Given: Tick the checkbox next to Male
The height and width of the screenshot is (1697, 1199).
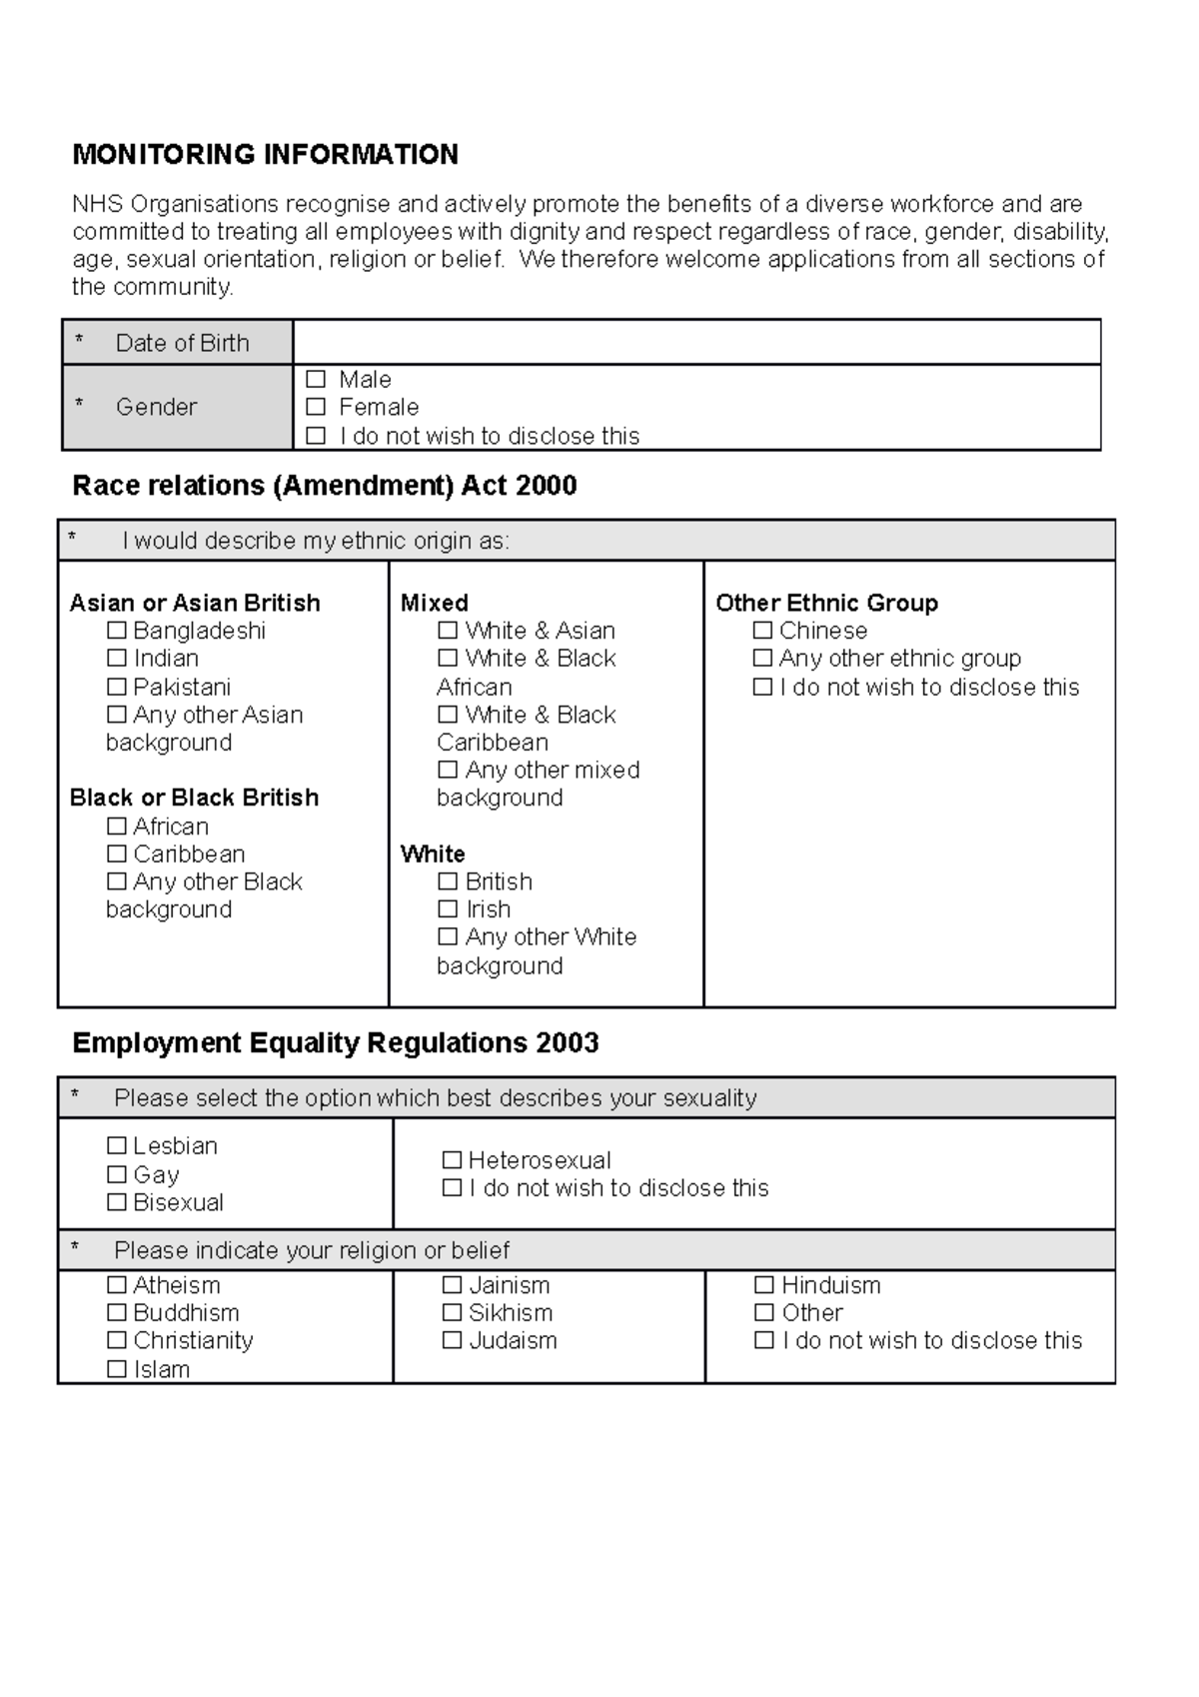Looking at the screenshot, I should click(x=316, y=380).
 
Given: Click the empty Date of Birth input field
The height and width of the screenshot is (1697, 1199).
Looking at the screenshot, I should click(x=695, y=343).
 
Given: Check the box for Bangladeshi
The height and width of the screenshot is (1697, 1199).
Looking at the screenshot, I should click(x=117, y=631).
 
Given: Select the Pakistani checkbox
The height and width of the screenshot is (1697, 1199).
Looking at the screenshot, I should click(x=117, y=687).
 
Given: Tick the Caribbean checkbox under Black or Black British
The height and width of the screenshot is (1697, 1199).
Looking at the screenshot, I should click(x=117, y=853).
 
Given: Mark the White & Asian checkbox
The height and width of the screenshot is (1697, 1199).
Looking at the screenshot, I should click(x=448, y=631).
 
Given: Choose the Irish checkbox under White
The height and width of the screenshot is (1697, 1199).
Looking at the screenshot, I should click(x=448, y=909).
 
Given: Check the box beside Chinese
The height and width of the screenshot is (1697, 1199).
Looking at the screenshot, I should click(x=762, y=631).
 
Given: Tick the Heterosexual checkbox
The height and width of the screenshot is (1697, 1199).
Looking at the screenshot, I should click(x=452, y=1160).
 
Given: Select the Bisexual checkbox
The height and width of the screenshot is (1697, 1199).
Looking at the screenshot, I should click(x=117, y=1202).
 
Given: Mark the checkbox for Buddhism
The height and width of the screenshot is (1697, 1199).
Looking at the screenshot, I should click(x=117, y=1312).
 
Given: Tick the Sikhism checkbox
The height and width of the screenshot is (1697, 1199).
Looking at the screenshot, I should click(x=452, y=1312).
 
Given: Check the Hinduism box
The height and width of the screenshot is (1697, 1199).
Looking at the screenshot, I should click(x=764, y=1285).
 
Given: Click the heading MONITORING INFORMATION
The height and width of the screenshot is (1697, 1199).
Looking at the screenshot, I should click(x=265, y=155).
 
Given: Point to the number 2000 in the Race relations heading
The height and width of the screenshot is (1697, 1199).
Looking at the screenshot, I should click(x=547, y=486).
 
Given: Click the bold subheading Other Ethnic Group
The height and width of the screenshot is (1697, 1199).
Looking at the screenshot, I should click(x=826, y=603).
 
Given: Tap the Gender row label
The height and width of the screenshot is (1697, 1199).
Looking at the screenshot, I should click(x=156, y=407).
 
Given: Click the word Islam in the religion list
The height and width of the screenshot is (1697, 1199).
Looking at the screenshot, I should click(x=162, y=1369).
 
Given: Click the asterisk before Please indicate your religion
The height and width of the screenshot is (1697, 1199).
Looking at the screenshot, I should click(x=75, y=1249).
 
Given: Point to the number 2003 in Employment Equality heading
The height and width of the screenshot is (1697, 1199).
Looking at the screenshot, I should click(x=567, y=1043).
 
